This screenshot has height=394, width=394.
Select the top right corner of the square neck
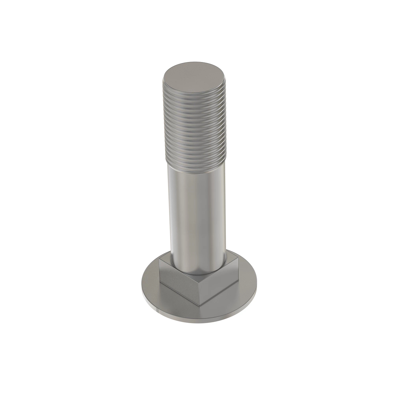(237, 260)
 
